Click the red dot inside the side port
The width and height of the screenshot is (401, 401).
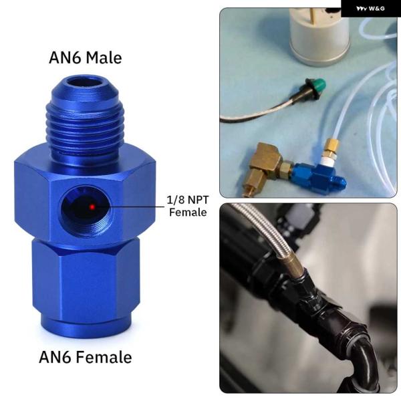(92, 207)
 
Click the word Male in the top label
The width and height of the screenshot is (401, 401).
(104, 57)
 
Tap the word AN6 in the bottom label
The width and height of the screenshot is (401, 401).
(55, 357)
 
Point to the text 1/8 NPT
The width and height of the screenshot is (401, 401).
(188, 200)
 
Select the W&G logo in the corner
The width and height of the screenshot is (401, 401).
(370, 9)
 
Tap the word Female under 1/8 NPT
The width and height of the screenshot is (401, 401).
(188, 213)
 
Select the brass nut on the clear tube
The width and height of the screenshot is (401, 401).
(331, 148)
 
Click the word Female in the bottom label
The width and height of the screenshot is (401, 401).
(104, 357)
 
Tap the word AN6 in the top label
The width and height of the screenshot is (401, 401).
(65, 57)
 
